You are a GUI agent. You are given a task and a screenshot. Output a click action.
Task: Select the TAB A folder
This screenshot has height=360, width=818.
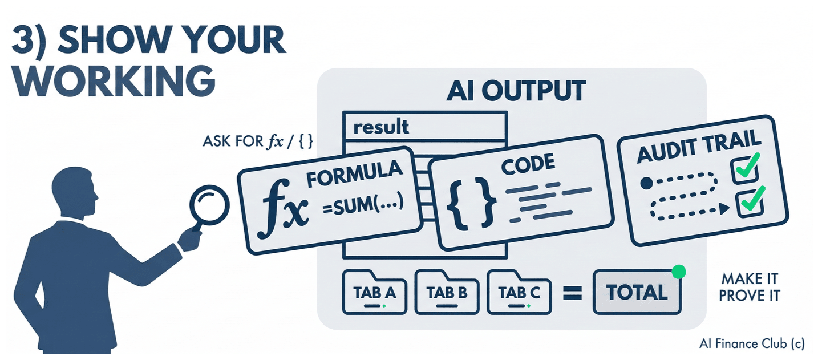pyautogui.click(x=375, y=292)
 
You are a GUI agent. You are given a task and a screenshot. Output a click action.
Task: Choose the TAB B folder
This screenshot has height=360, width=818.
pyautogui.click(x=447, y=292)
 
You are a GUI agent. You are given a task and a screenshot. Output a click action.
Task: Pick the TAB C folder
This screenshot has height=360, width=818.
pyautogui.click(x=519, y=292)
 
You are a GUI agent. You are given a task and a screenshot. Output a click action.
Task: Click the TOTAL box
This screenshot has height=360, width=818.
pyautogui.click(x=637, y=292)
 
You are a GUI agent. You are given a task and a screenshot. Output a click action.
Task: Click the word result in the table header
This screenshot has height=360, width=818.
pyautogui.click(x=380, y=126)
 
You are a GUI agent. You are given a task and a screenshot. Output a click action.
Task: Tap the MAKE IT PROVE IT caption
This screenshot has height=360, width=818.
pyautogui.click(x=750, y=288)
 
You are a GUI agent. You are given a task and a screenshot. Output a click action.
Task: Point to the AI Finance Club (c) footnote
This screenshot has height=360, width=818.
pyautogui.click(x=751, y=344)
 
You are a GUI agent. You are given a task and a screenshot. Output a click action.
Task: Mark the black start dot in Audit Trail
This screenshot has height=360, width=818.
pyautogui.click(x=646, y=184)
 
